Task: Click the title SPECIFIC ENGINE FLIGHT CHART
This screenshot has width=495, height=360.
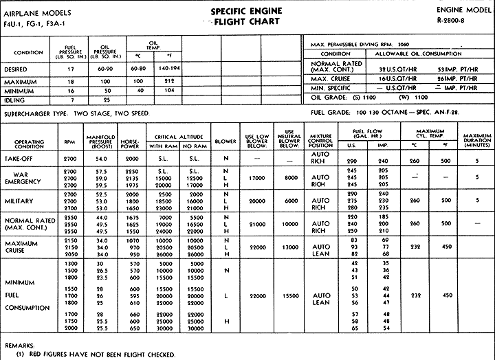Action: [x=248, y=16]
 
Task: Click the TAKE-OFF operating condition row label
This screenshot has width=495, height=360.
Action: [x=23, y=157]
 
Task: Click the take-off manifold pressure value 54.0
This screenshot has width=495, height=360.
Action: [x=101, y=158]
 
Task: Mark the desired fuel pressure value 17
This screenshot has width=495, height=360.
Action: [x=70, y=69]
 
